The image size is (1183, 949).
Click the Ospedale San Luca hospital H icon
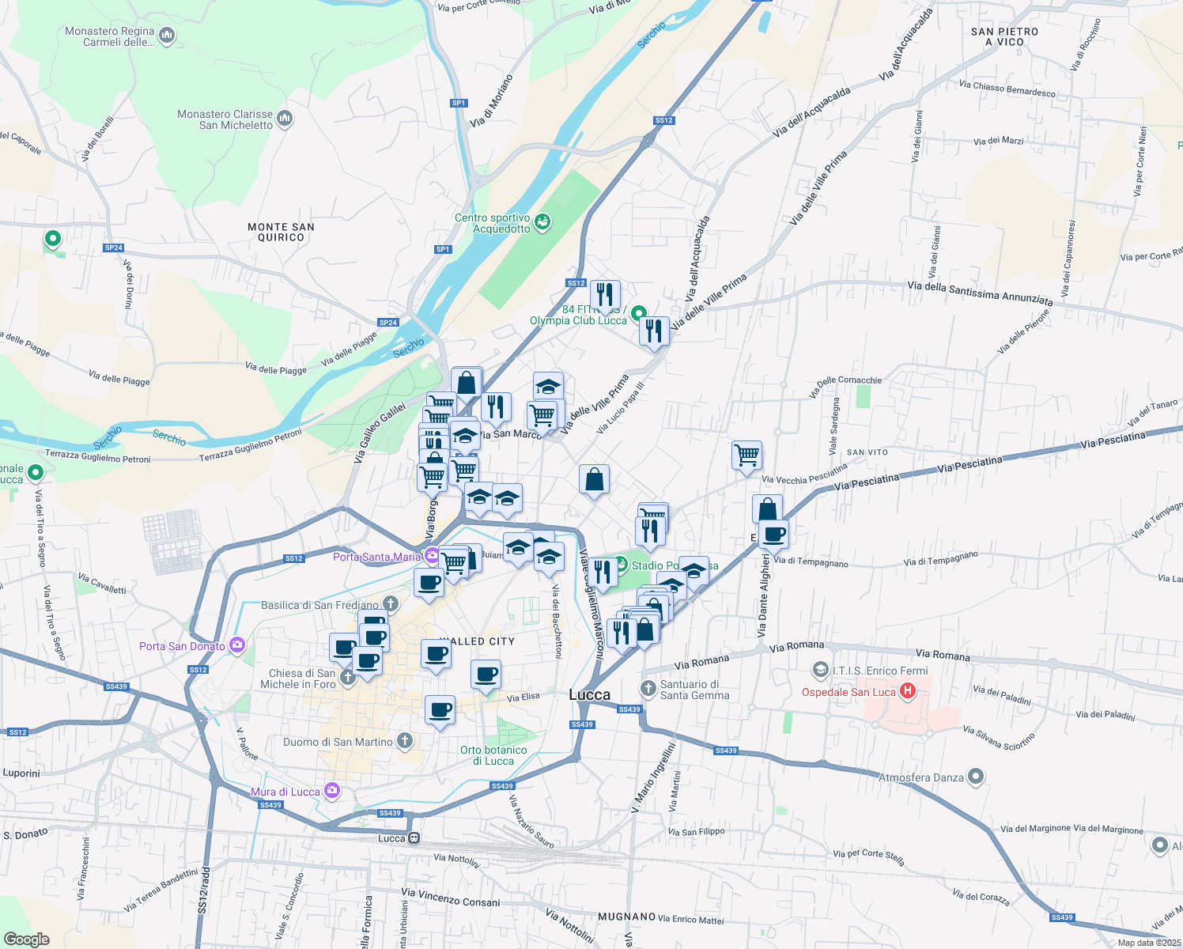(x=908, y=692)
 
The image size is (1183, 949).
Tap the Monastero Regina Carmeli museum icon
(x=167, y=36)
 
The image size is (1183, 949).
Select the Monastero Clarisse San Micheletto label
(x=225, y=120)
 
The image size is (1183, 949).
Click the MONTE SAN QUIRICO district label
(x=281, y=232)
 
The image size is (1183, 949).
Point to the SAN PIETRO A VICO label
(x=1004, y=36)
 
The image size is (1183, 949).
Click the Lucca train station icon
(x=414, y=838)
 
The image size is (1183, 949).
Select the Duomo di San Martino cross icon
(x=405, y=741)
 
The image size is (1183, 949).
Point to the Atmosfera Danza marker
(x=976, y=777)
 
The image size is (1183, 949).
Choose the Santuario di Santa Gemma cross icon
(x=648, y=688)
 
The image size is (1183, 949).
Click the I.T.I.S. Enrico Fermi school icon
(x=821, y=671)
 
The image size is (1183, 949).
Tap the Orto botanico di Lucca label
(x=493, y=755)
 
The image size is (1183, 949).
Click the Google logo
(x=26, y=940)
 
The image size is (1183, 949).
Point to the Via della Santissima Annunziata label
(x=980, y=293)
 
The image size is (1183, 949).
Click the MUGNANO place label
(x=626, y=917)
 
